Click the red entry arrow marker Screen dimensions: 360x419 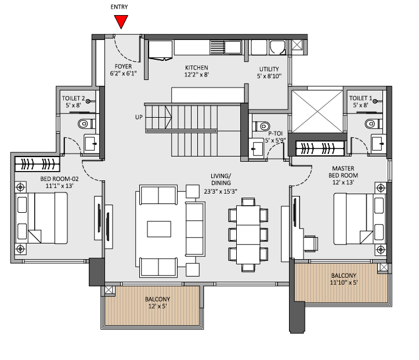click(x=121, y=21)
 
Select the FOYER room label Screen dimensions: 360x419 click(x=124, y=67)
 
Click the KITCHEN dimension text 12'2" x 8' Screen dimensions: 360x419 click(x=196, y=75)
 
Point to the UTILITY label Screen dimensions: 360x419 click(x=269, y=68)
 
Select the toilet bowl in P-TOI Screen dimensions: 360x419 click(x=262, y=124)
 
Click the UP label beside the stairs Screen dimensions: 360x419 click(x=139, y=117)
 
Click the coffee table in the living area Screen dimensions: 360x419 click(x=159, y=229)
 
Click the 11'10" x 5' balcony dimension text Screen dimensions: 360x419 click(x=344, y=283)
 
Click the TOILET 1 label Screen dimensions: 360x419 click(x=362, y=99)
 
